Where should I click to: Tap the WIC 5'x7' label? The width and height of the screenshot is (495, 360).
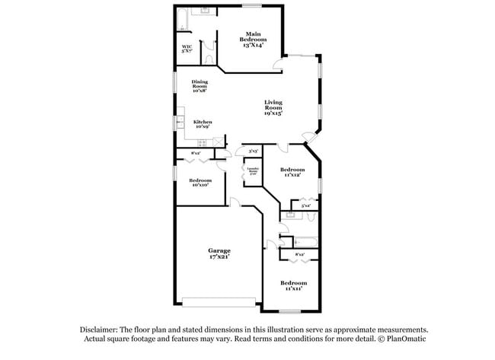[187, 49]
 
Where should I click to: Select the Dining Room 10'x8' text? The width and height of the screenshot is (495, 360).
[200, 86]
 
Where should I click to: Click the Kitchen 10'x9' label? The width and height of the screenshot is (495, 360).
[202, 124]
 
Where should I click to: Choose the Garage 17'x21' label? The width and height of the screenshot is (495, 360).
[219, 253]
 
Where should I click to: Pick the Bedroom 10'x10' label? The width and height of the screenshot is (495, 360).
[201, 183]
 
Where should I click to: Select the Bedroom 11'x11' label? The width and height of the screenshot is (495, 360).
[294, 285]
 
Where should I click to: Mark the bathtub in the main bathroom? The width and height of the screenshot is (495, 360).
[181, 20]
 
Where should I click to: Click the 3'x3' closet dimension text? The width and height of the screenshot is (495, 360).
[251, 150]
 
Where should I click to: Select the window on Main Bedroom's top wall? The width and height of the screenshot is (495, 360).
[252, 6]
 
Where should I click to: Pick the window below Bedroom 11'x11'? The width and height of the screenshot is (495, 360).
[289, 311]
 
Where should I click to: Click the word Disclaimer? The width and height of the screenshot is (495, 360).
[101, 330]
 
